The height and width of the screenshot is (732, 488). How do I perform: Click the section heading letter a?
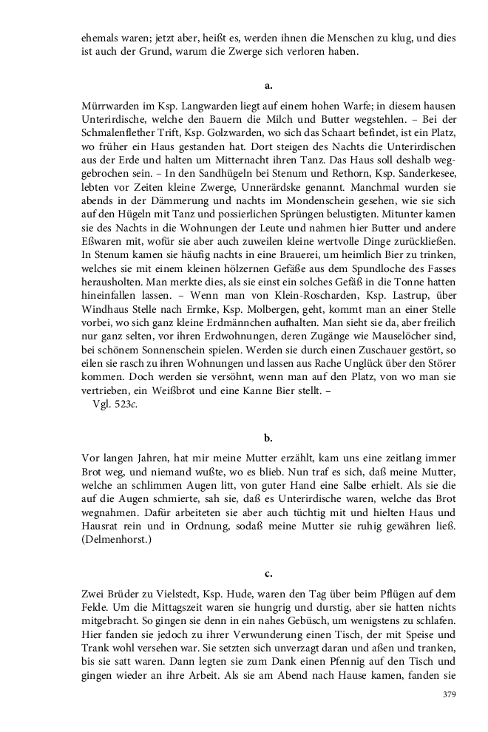[268, 86]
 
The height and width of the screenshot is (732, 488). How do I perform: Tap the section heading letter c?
[268, 573]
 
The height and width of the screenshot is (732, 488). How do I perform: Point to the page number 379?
[448, 694]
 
